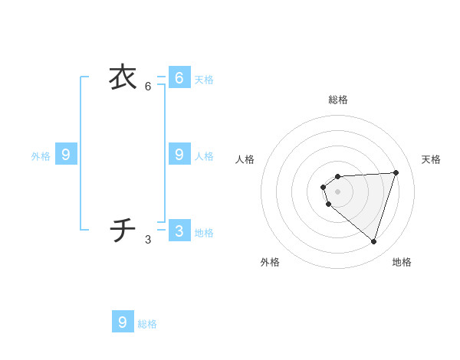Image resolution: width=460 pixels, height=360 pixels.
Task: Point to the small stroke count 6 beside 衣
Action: [148, 87]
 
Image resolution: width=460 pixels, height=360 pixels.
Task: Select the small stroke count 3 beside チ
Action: [148, 240]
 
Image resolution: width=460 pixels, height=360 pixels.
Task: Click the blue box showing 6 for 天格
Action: [179, 77]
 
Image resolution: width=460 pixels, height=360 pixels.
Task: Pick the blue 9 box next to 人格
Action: [179, 154]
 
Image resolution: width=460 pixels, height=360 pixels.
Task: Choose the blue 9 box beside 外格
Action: [66, 154]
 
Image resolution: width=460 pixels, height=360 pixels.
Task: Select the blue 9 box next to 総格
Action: [123, 322]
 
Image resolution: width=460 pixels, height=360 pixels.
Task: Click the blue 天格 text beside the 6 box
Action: [204, 80]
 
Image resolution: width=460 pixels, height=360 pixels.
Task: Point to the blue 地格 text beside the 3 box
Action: [204, 233]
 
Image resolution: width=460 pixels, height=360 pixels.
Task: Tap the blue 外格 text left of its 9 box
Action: [41, 156]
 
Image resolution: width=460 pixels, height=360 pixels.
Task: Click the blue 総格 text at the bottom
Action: [147, 324]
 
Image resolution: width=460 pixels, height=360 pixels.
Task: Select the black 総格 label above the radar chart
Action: [338, 100]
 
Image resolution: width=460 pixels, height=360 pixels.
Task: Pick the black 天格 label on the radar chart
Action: [431, 159]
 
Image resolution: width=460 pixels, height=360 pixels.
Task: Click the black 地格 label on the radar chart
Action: [402, 262]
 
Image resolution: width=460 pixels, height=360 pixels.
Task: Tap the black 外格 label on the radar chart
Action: [270, 262]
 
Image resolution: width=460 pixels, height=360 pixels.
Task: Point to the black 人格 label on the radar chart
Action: [245, 159]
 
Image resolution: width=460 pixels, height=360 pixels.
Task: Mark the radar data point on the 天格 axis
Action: [396, 172]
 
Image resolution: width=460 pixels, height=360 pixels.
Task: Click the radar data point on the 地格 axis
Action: [373, 241]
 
